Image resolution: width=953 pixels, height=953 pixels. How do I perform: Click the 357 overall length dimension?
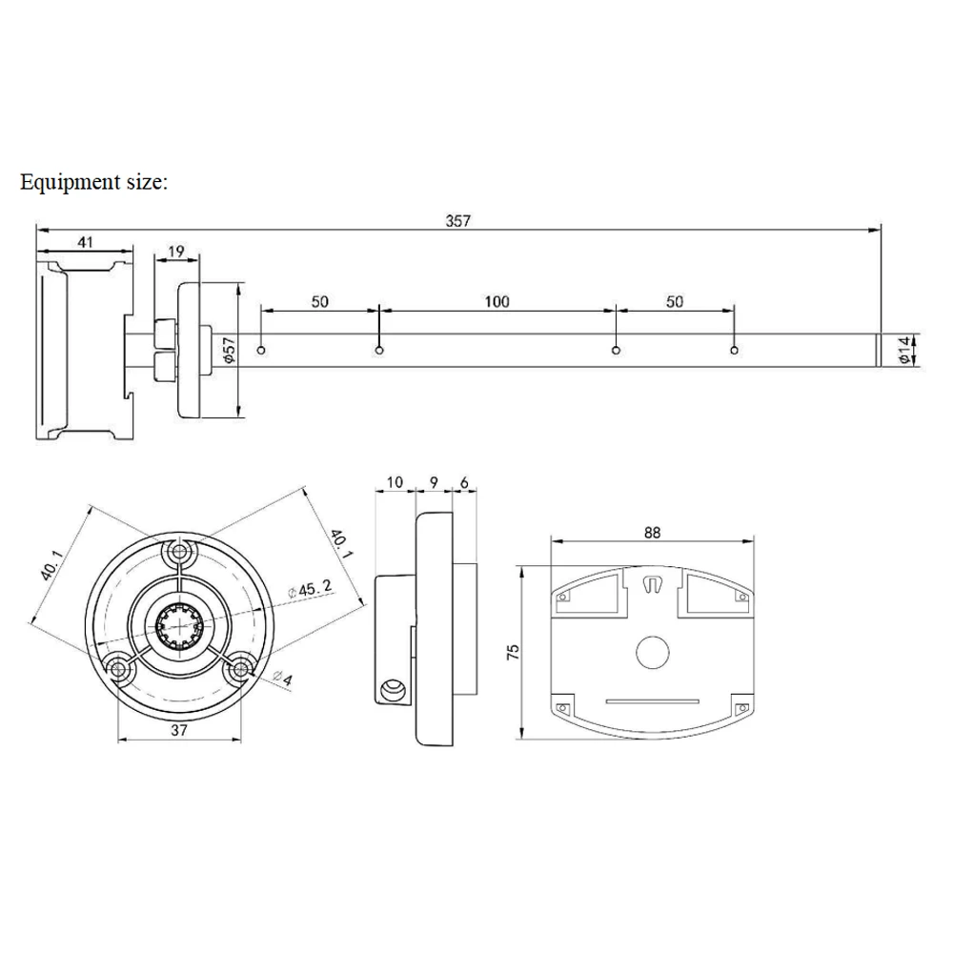[x=458, y=220]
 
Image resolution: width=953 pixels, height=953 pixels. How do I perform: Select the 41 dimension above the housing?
[x=85, y=242]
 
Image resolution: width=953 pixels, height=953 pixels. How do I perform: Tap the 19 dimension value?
[x=176, y=252]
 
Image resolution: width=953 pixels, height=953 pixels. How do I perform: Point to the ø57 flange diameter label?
[x=229, y=351]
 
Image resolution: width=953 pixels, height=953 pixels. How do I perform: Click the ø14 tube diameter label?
[x=906, y=350]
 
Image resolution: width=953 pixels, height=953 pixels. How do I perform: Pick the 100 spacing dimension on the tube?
[x=497, y=302]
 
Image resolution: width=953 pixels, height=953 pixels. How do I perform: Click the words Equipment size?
[x=93, y=181]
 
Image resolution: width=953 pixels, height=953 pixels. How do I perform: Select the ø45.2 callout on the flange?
[x=310, y=590]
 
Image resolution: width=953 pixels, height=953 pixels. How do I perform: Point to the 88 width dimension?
[x=652, y=533]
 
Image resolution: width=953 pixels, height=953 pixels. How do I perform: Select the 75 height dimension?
[x=514, y=653]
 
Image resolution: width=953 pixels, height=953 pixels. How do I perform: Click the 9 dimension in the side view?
[x=434, y=482]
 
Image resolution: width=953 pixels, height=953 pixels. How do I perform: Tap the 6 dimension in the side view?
[x=464, y=482]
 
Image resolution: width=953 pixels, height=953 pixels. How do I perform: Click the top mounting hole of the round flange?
[x=178, y=552]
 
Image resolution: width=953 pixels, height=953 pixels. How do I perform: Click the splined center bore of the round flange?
[x=178, y=629]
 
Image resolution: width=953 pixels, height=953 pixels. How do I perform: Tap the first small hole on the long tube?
[x=261, y=352]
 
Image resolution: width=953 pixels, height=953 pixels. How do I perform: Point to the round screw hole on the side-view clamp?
[x=390, y=689]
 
